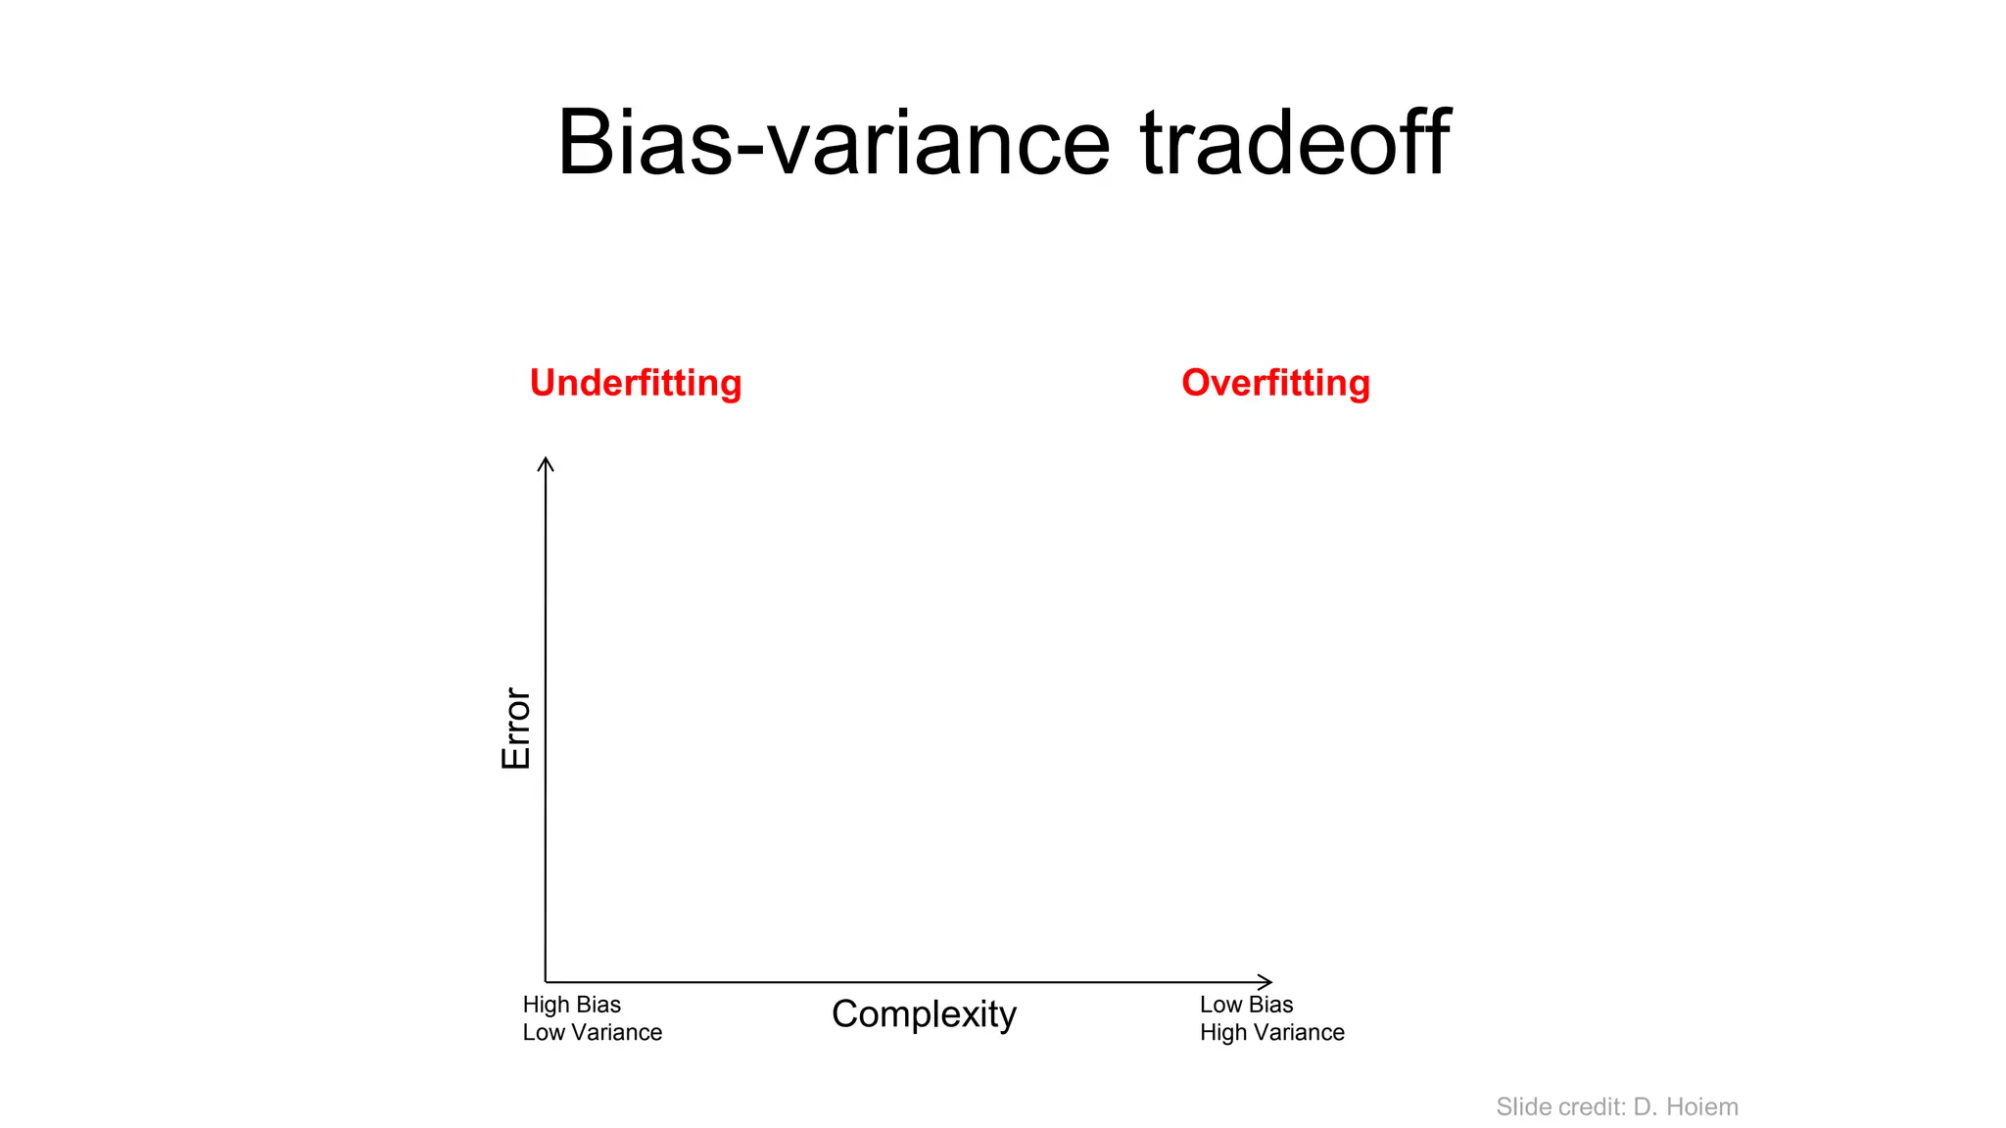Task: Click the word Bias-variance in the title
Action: (834, 143)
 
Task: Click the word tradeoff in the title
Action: (1295, 143)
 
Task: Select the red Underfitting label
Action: (636, 383)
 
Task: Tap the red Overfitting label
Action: (1275, 383)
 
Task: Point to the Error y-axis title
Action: (516, 728)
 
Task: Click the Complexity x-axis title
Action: (924, 1014)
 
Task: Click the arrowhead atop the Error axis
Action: (546, 462)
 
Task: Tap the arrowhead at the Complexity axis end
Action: (1266, 981)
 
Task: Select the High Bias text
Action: (571, 1005)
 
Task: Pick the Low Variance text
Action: (592, 1032)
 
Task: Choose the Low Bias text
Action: (1246, 1005)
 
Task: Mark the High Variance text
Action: (1271, 1032)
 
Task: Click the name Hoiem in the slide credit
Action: (1701, 1106)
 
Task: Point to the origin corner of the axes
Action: (546, 981)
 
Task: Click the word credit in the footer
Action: (1592, 1106)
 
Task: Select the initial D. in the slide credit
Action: (1645, 1106)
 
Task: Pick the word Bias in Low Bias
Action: (1271, 1005)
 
